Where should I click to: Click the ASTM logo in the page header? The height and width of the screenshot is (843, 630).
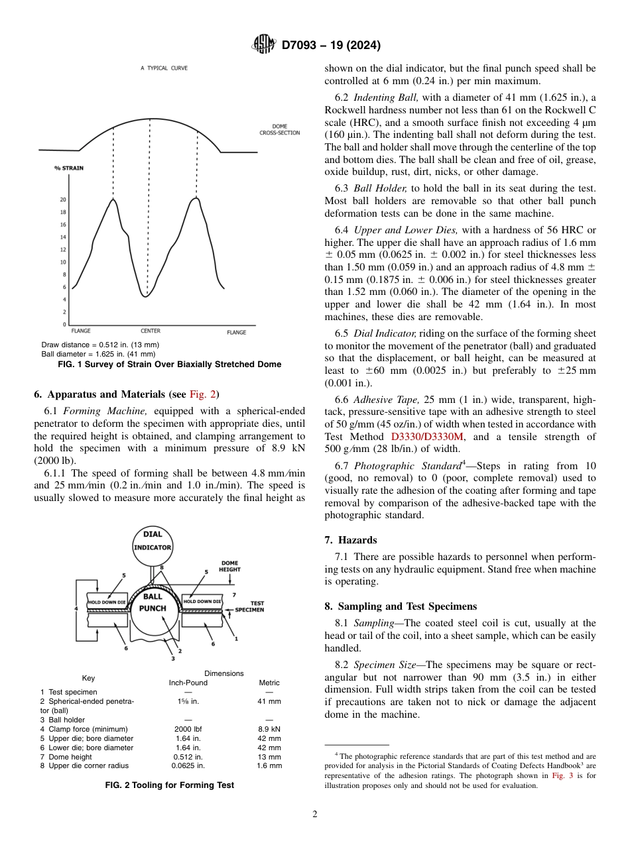pyautogui.click(x=264, y=45)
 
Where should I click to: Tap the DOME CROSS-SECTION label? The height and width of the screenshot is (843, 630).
pyautogui.click(x=279, y=129)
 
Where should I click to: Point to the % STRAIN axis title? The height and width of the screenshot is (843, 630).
pyautogui.click(x=69, y=168)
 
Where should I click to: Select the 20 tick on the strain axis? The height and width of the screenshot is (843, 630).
pyautogui.click(x=63, y=199)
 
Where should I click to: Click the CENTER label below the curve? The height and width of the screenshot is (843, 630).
pyautogui.click(x=150, y=331)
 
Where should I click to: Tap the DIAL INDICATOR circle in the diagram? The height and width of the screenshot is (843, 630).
pyautogui.click(x=153, y=542)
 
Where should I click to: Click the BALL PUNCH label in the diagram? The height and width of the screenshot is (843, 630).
pyautogui.click(x=153, y=602)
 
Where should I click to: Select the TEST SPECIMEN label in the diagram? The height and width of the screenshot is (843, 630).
pyautogui.click(x=251, y=606)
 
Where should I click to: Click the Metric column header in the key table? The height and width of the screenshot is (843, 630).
pyautogui.click(x=269, y=683)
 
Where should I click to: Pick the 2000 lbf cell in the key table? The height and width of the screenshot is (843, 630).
pyautogui.click(x=188, y=729)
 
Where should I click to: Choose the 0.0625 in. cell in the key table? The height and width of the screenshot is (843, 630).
pyautogui.click(x=189, y=765)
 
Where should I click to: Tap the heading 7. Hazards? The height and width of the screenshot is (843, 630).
pyautogui.click(x=351, y=540)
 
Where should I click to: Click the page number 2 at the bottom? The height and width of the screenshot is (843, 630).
pyautogui.click(x=314, y=815)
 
